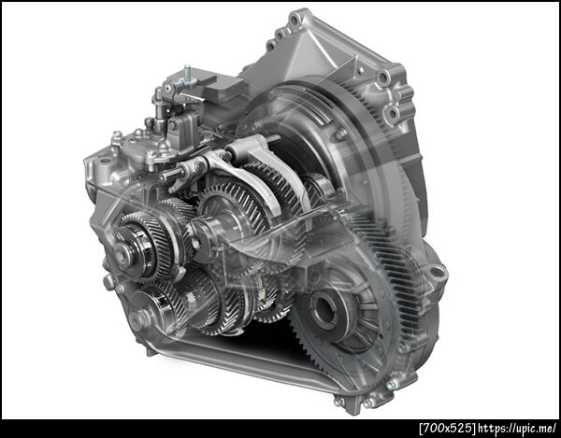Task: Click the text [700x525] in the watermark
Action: click(x=448, y=428)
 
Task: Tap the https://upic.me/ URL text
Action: click(x=517, y=428)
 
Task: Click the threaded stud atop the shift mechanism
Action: click(x=187, y=72)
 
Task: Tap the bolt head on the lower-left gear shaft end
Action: click(x=135, y=319)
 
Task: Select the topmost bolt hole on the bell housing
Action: click(x=295, y=20)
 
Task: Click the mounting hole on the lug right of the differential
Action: click(x=437, y=272)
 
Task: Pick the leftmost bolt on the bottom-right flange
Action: click(x=338, y=401)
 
